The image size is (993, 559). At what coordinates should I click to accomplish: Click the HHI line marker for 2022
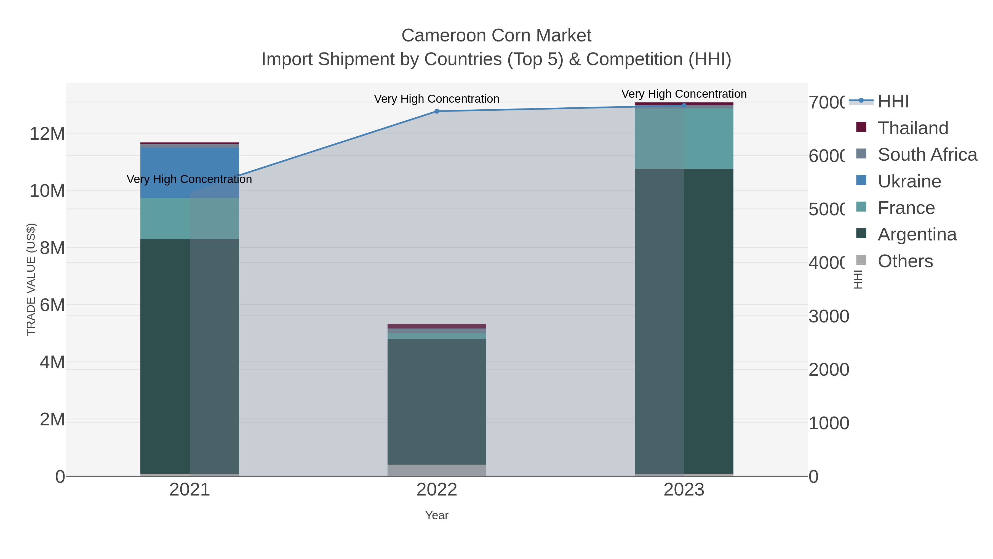(x=437, y=111)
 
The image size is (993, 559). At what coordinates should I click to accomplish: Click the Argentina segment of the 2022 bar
(x=437, y=401)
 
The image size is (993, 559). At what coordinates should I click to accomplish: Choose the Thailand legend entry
(x=913, y=128)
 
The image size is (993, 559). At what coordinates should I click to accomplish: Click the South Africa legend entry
(x=927, y=154)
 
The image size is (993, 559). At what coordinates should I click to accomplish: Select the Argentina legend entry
(x=917, y=234)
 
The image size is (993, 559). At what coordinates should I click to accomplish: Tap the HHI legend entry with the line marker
(x=893, y=101)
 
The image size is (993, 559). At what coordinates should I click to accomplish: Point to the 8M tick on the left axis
(x=52, y=248)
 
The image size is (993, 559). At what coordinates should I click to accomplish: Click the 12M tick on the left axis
(x=47, y=134)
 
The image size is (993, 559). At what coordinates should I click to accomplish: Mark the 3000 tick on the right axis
(x=829, y=316)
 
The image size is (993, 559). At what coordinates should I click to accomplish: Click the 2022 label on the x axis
(x=437, y=489)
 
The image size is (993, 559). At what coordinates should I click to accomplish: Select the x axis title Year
(x=437, y=515)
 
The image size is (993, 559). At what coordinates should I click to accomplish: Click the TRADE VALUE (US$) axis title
(x=31, y=279)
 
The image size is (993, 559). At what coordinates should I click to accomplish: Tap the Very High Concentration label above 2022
(x=437, y=99)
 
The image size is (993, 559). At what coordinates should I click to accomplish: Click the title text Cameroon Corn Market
(x=496, y=36)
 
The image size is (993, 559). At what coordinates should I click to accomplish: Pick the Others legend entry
(x=905, y=261)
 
